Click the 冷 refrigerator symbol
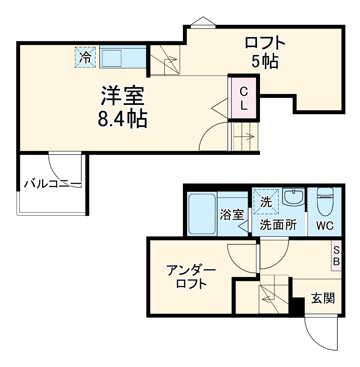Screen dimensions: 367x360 [x=85, y=57]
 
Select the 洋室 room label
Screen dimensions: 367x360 [x=122, y=96]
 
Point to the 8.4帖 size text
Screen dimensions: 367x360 [x=122, y=118]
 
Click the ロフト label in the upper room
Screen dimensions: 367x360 [x=265, y=42]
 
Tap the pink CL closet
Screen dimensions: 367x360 [x=243, y=98]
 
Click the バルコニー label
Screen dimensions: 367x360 [x=52, y=184]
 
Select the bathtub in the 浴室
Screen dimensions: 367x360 [x=202, y=214]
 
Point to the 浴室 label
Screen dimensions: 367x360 [x=232, y=215]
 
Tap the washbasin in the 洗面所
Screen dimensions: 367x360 [x=294, y=197]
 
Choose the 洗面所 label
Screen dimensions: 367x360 [x=278, y=225]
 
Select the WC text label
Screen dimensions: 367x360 [x=325, y=226]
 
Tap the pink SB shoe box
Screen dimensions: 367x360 [x=336, y=256]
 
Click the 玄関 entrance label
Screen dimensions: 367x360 [x=322, y=297]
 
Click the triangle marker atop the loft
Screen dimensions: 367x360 [x=202, y=21]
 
